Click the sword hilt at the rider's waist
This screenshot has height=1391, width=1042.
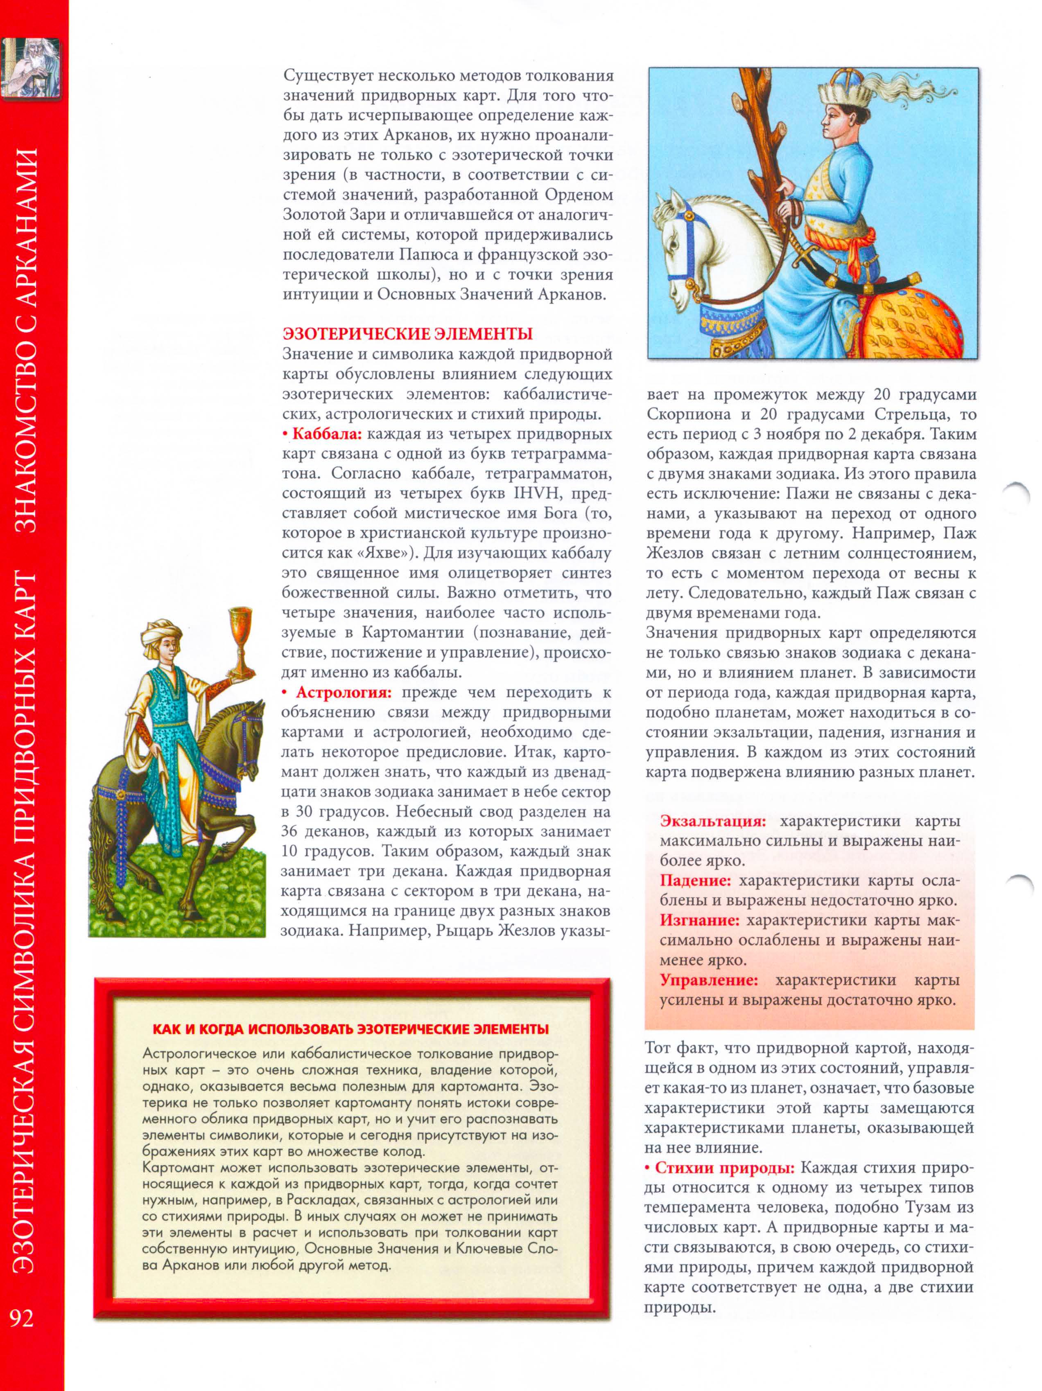pyautogui.click(x=802, y=257)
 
